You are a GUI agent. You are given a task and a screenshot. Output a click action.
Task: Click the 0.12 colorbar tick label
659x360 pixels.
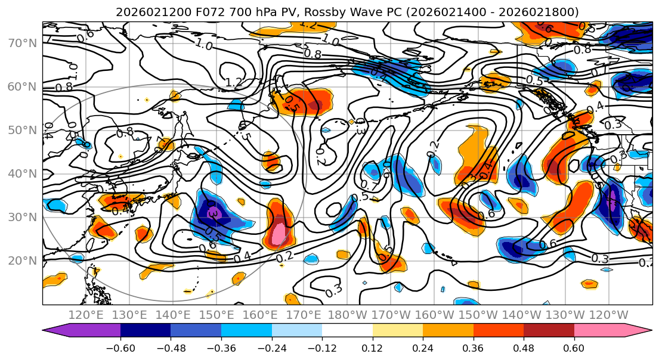pyautogui.click(x=372, y=347)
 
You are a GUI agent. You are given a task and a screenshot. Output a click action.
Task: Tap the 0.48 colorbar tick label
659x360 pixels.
pyautogui.click(x=524, y=347)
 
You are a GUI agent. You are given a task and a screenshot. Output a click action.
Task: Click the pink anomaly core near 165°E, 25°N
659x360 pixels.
pyautogui.click(x=279, y=232)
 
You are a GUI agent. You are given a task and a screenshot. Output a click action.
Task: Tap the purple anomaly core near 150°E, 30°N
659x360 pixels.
pyautogui.click(x=214, y=213)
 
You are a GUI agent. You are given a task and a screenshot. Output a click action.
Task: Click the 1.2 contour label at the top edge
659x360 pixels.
pyautogui.click(x=308, y=24)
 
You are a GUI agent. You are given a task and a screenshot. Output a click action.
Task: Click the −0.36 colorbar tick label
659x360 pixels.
pyautogui.click(x=221, y=347)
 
